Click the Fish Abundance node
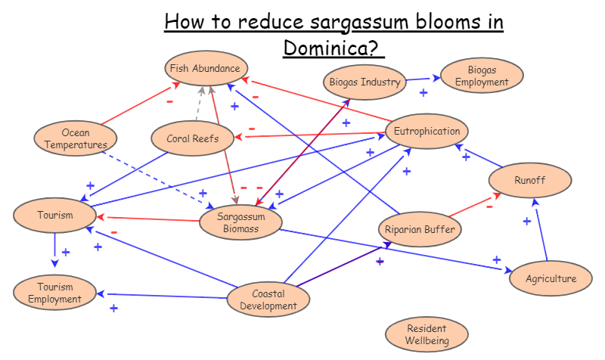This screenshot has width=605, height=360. pos(206,69)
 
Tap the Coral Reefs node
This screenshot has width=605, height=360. pos(194,138)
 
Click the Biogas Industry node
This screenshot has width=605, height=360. pos(365,82)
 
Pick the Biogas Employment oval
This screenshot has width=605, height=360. pos(481,76)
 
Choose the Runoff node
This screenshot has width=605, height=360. pos(529,181)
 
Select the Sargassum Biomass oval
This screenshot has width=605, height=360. pos(240,222)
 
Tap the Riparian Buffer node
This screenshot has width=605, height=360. pos(420,228)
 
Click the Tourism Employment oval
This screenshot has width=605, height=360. pos(55,293)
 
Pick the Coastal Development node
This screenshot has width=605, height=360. pos(268,300)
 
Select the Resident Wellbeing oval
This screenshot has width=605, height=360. pos(427,334)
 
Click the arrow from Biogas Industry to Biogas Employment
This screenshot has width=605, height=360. pos(422,79)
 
